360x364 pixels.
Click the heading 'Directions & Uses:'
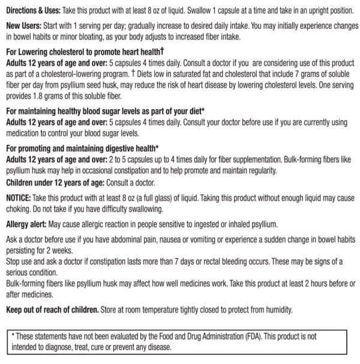point(35,11)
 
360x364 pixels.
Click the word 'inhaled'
point(235,224)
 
